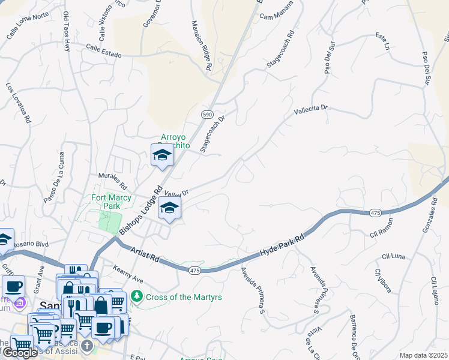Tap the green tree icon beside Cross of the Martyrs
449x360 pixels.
(x=137, y=296)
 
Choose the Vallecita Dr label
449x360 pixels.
(x=312, y=110)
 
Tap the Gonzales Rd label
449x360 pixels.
(x=427, y=210)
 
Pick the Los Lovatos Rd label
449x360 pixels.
(x=19, y=103)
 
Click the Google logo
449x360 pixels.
(x=20, y=353)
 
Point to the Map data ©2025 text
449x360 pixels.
(x=423, y=355)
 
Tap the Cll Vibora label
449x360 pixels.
(x=383, y=280)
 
